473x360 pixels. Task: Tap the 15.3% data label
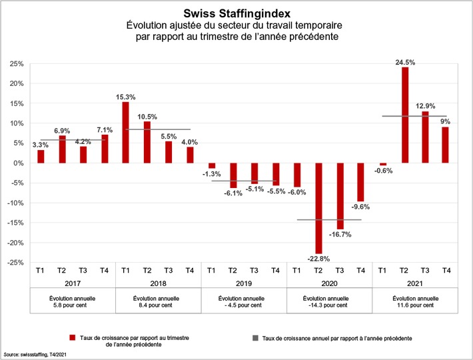coord(125,97)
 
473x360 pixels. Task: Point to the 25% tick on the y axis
coord(17,64)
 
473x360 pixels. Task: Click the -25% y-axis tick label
coord(15,263)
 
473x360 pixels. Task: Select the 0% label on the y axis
coord(19,163)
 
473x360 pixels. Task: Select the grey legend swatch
coord(255,338)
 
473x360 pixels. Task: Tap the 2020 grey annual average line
coord(328,219)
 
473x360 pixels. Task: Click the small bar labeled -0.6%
coord(383,165)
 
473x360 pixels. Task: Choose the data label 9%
coord(446,121)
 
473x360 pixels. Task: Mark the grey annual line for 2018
coord(158,129)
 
